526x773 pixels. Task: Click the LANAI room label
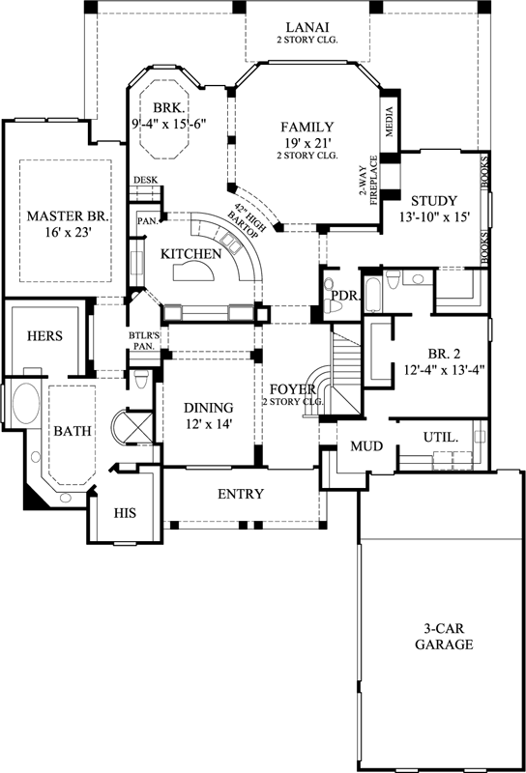[x=307, y=25]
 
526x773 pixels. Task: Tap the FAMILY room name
[x=307, y=127]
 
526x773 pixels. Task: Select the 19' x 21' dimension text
[x=307, y=142]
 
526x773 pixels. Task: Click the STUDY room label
[x=434, y=201]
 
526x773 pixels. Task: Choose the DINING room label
[x=208, y=407]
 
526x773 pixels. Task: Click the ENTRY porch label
[x=240, y=495]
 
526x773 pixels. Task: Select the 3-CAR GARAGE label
[x=444, y=635]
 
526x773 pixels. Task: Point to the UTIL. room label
[x=440, y=438]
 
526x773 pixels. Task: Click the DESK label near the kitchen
[x=145, y=180]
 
